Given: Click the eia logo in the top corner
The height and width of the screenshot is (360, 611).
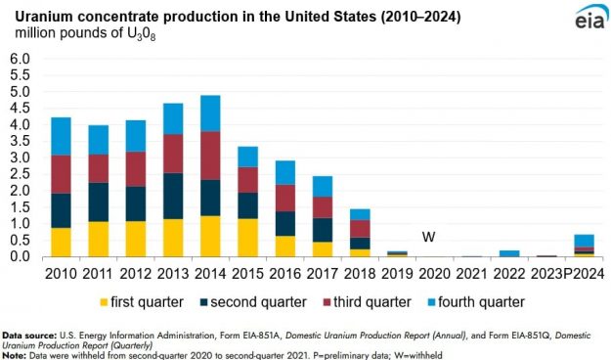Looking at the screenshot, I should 584,20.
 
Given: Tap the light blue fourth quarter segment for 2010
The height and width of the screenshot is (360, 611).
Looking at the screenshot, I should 61,136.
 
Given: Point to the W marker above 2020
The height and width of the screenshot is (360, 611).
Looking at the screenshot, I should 427,237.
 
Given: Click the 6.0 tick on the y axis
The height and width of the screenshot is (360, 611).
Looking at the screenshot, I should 22,59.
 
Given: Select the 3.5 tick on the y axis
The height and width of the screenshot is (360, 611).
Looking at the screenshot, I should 22,141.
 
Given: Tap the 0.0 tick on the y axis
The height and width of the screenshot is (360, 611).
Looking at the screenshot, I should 22,256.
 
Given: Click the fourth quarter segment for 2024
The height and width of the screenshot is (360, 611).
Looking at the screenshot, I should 584,241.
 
